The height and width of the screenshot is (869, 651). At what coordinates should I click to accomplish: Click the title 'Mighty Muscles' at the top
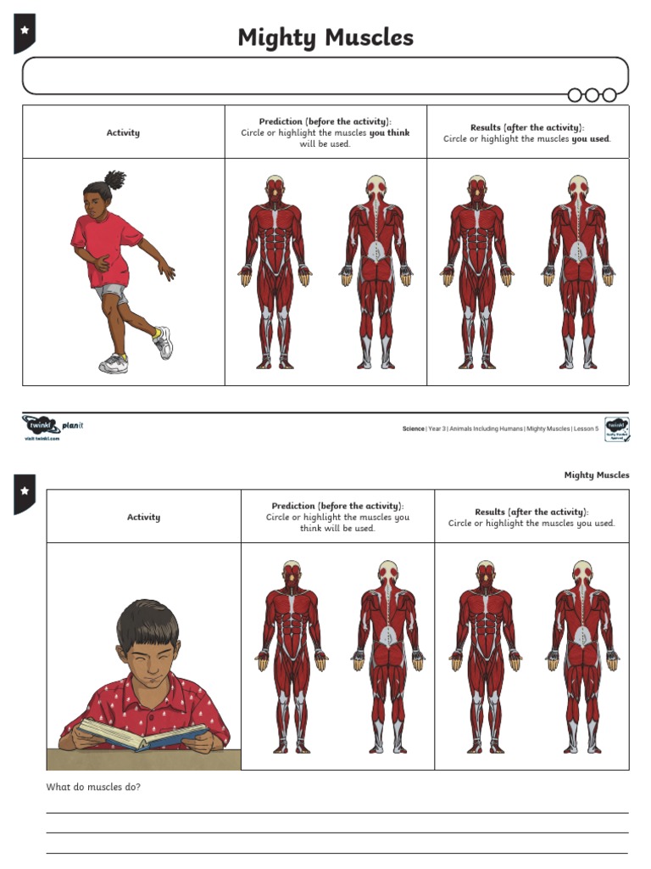[x=325, y=37]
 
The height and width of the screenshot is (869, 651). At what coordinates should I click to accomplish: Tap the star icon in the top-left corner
[x=25, y=31]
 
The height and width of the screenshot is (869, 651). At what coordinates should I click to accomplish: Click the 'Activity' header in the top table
[x=123, y=132]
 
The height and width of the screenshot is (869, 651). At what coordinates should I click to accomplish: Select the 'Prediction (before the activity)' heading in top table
[x=325, y=121]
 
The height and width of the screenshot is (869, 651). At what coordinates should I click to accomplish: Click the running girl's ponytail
[x=114, y=179]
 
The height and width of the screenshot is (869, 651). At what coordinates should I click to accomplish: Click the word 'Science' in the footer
[x=413, y=429]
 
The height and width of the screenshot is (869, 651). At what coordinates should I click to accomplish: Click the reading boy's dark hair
[x=147, y=624]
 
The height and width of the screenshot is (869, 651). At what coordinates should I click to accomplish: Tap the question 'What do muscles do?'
[x=93, y=787]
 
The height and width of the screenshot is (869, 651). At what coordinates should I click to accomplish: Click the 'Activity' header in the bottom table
[x=143, y=517]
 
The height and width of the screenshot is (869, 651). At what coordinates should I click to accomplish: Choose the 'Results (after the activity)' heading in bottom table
[x=531, y=512]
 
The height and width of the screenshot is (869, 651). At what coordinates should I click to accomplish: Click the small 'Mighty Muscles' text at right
[x=597, y=475]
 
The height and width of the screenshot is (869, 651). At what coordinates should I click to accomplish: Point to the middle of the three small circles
[x=592, y=95]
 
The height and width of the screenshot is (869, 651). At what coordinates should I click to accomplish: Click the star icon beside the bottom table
[x=25, y=491]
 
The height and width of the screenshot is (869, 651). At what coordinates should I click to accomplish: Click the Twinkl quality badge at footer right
[x=616, y=429]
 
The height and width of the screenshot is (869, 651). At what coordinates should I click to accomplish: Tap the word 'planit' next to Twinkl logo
[x=73, y=425]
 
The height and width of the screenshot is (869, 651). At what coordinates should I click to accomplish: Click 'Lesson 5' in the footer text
[x=585, y=429]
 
